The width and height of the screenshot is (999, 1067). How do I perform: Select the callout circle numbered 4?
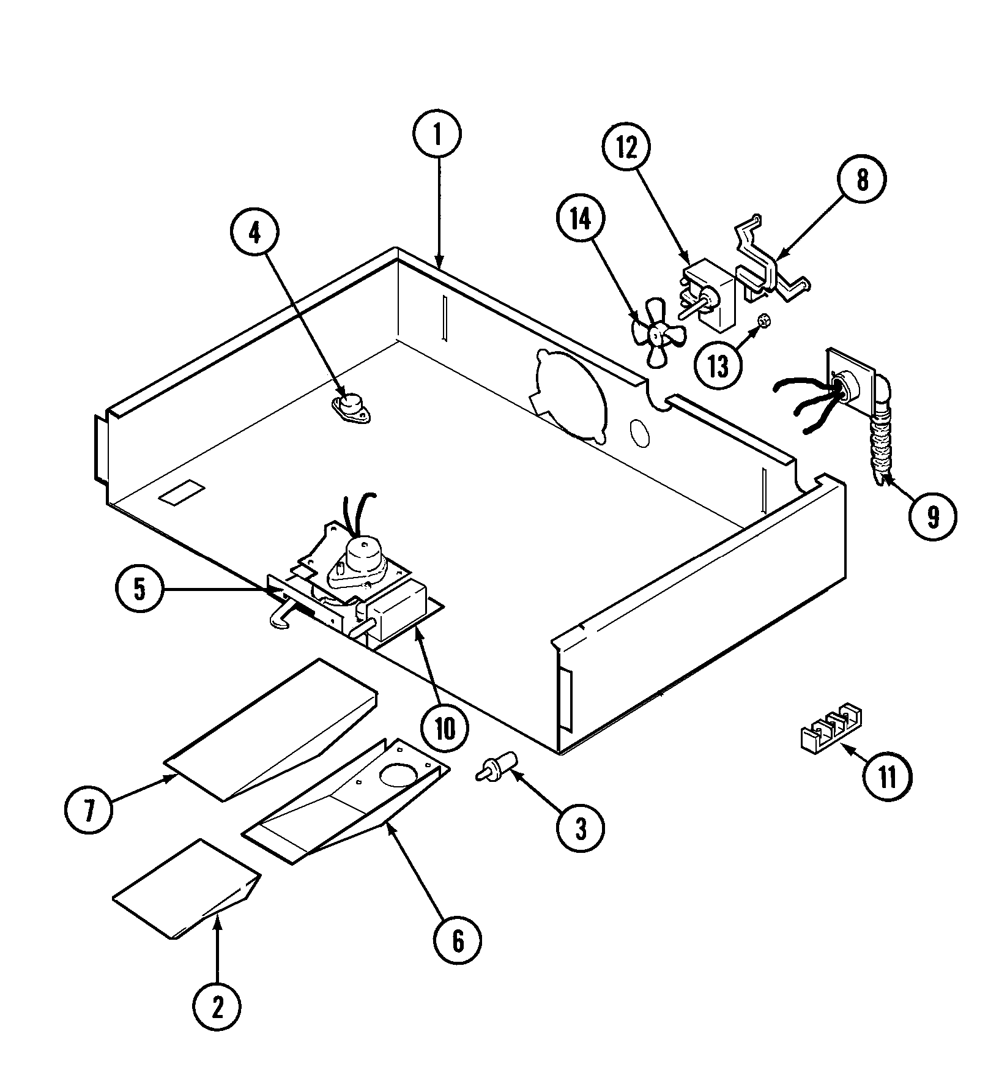click(x=254, y=232)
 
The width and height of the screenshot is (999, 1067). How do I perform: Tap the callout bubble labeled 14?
click(x=581, y=219)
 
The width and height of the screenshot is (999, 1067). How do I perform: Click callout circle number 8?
click(x=862, y=180)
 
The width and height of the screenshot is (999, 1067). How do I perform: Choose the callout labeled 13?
click(x=718, y=366)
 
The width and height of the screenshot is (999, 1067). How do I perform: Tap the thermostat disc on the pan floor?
click(x=351, y=407)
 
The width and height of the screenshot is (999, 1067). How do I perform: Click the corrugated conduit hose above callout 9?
click(x=878, y=453)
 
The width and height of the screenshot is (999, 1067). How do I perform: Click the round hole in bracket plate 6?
click(x=397, y=776)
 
